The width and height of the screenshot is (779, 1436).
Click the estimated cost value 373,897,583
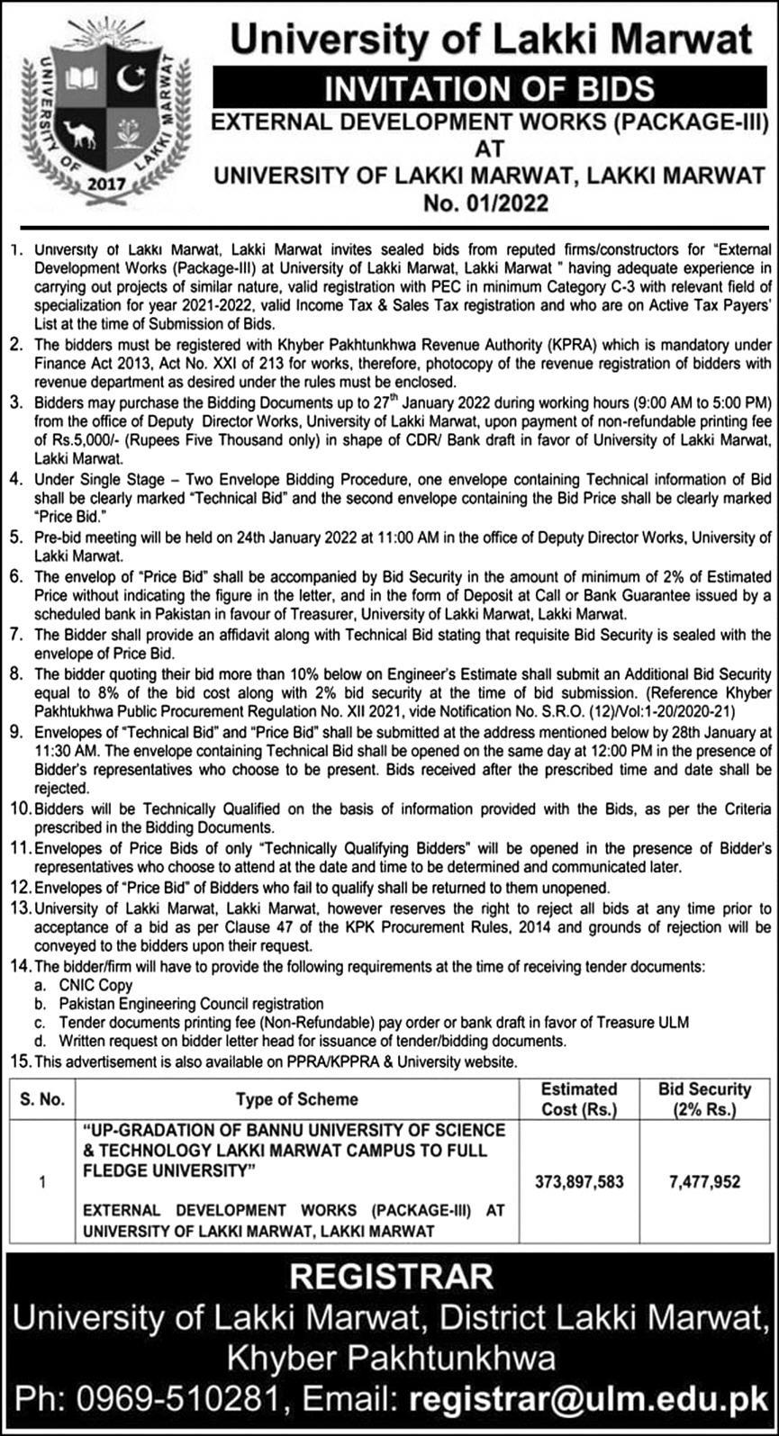578,1181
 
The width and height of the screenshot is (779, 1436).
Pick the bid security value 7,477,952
704,1181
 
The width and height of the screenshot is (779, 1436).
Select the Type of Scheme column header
296,1098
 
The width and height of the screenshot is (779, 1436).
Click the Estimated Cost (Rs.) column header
578,1099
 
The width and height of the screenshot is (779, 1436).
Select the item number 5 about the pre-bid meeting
16,537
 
